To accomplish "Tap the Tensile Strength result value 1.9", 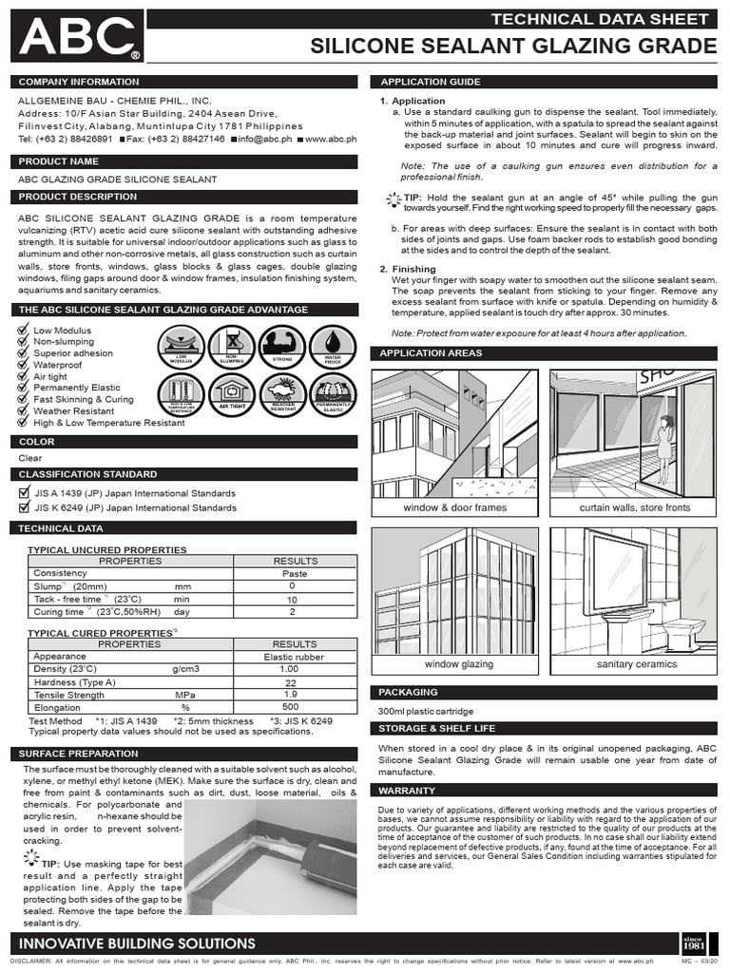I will (x=292, y=695).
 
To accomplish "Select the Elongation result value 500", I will (x=292, y=708).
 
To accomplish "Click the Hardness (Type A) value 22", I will (x=292, y=682).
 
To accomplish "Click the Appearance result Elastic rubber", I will (x=295, y=657).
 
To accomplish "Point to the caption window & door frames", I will (x=455, y=508).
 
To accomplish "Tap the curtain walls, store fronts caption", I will (x=636, y=508).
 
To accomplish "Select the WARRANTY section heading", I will (x=407, y=790).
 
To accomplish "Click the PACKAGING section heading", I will (x=408, y=692).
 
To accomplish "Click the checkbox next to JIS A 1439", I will (x=25, y=493).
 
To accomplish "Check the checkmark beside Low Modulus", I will (x=24, y=329).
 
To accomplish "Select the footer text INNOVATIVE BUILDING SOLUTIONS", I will (x=138, y=944).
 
